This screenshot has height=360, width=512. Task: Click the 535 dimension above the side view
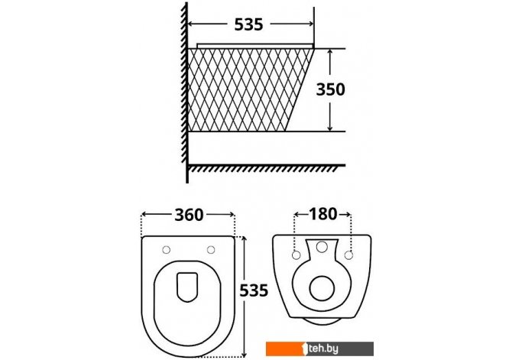pyautogui.click(x=248, y=24)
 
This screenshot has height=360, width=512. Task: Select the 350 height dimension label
pyautogui.click(x=330, y=89)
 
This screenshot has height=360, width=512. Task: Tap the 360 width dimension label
pyautogui.click(x=189, y=215)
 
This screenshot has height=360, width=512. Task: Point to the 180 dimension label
pyautogui.click(x=322, y=214)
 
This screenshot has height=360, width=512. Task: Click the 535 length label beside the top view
pyautogui.click(x=254, y=290)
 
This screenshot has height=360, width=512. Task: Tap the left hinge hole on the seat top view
pyautogui.click(x=166, y=250)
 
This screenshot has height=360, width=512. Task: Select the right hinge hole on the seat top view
pyautogui.click(x=211, y=250)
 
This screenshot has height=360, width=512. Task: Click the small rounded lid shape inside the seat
pyautogui.click(x=187, y=287)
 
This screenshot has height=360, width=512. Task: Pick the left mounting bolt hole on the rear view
pyautogui.click(x=297, y=255)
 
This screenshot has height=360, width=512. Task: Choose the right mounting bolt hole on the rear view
pyautogui.click(x=348, y=255)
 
